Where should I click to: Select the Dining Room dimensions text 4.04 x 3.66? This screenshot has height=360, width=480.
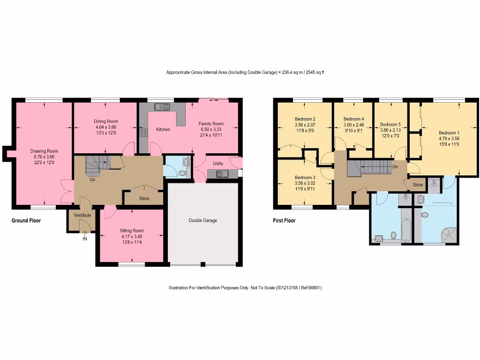click(x=105, y=127)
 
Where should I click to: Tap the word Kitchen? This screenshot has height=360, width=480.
click(x=163, y=129)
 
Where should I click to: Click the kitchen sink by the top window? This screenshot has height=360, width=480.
click(x=162, y=107)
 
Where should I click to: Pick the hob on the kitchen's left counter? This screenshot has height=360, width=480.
click(x=143, y=133)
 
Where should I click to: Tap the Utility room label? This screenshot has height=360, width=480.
click(x=218, y=164)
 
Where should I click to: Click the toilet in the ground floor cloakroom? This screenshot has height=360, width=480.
click(x=182, y=172)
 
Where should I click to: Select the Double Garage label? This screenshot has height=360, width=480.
click(x=203, y=220)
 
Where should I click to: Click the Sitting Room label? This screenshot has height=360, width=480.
click(x=132, y=231)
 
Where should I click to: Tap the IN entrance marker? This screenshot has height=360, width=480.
click(x=85, y=239)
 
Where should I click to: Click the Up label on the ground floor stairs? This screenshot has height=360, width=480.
click(x=92, y=180)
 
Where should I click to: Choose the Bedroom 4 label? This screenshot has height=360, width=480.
click(x=353, y=119)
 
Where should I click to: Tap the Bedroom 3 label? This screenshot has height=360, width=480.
click(x=305, y=178)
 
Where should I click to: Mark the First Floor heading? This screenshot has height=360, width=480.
click(x=284, y=220)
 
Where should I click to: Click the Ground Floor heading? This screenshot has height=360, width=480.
click(x=26, y=220)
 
